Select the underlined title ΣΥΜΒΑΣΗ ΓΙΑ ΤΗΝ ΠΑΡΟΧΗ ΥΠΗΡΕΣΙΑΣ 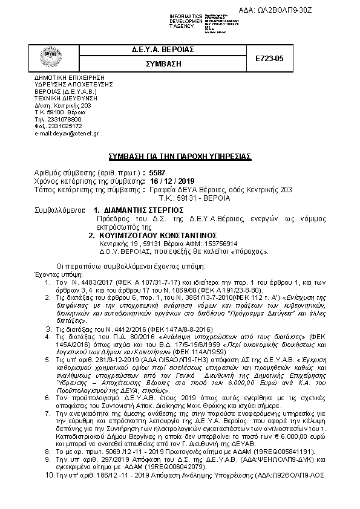pyautogui.click(x=179, y=157)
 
